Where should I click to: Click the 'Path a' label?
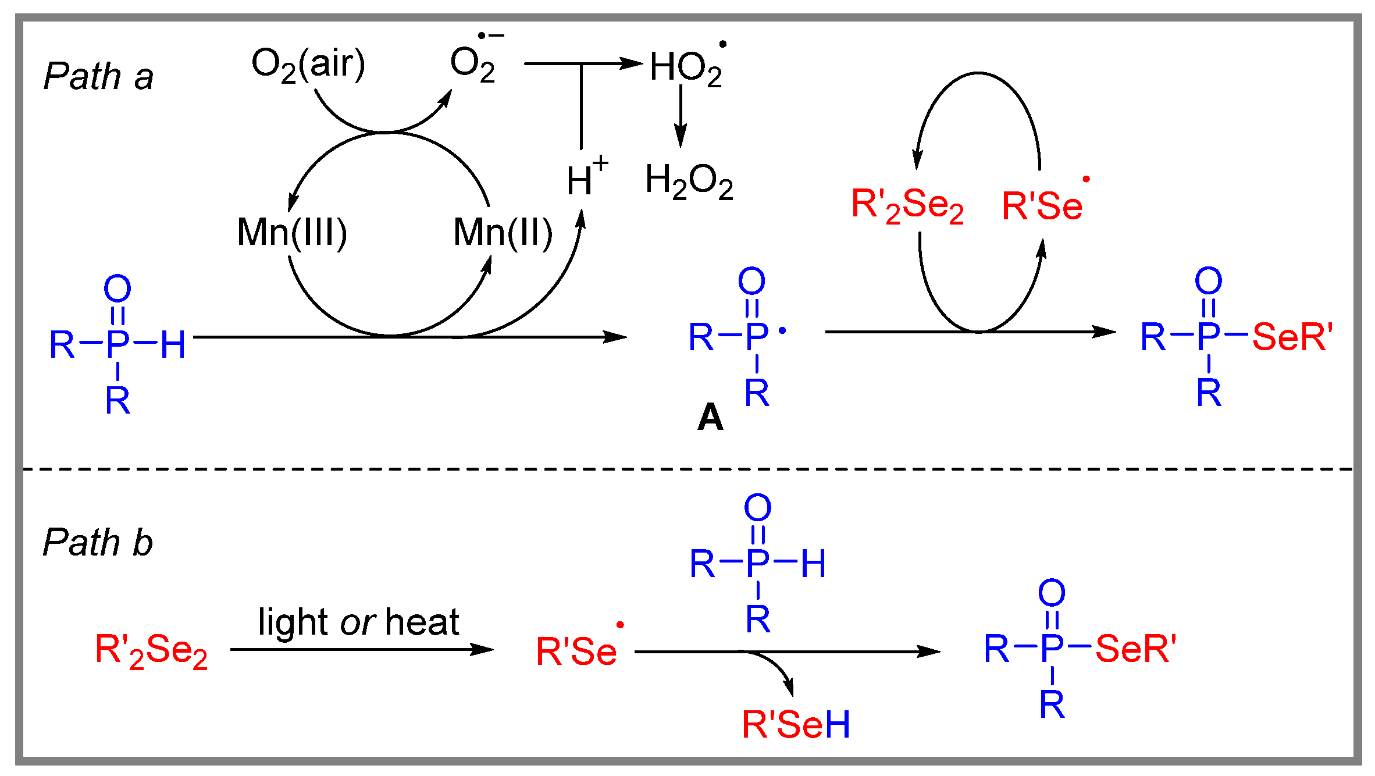click(98, 76)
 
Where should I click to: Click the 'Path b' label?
click(98, 542)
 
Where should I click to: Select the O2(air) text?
click(308, 64)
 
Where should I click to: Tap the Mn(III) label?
click(292, 233)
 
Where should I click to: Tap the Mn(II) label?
click(503, 233)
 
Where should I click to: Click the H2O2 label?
click(689, 181)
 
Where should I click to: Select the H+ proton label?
click(587, 176)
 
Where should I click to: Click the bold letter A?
click(710, 417)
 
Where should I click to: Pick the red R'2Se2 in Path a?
click(907, 205)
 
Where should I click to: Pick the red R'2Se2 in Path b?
click(151, 651)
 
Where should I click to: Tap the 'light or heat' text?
click(359, 622)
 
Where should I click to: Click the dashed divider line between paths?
click(687, 468)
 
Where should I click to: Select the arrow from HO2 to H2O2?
click(681, 116)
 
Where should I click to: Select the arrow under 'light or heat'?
click(362, 649)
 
